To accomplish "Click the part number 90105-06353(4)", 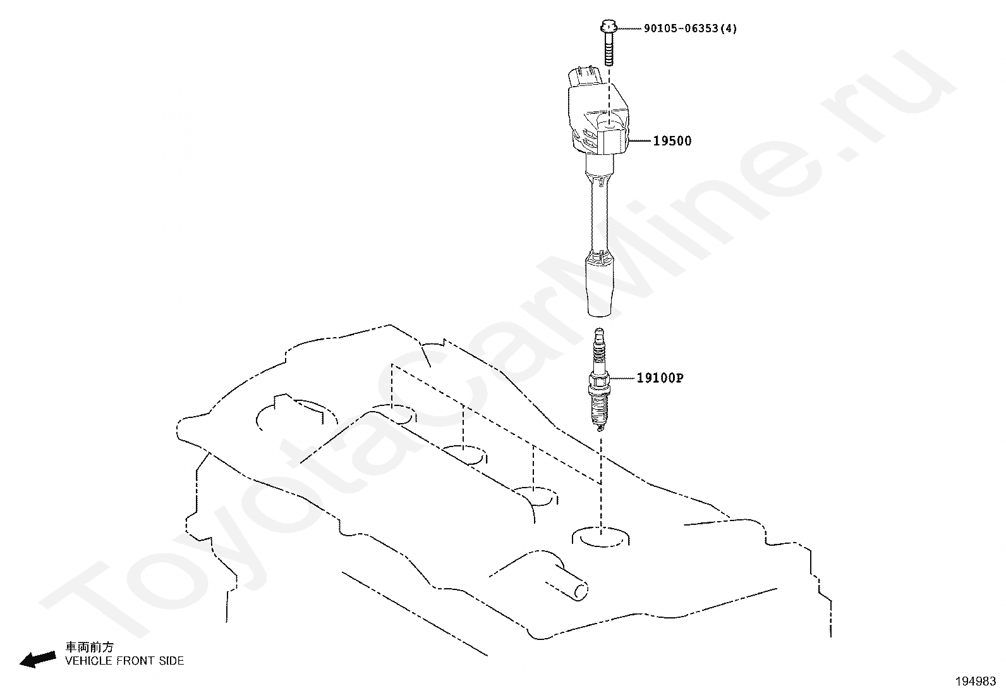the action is pos(690,28).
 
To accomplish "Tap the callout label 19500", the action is pos(672,141).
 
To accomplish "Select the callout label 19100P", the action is pos(660,378).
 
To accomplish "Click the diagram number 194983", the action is pos(976,681).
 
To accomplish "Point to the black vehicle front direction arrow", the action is pos(37,659).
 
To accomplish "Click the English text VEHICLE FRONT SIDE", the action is pos(125,661).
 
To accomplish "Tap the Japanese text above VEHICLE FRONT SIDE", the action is pos(90,647).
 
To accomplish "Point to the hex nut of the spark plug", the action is pos(599,381).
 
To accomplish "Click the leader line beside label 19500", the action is pos(641,140).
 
